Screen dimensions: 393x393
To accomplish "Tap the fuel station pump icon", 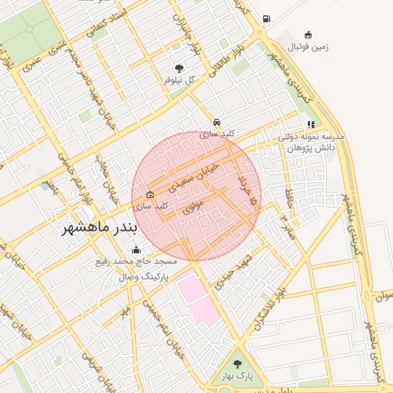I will (266, 18).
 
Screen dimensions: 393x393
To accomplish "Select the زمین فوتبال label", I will (308, 46).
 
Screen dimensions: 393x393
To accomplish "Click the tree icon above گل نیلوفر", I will (180, 68).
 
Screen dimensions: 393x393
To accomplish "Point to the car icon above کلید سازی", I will (218, 122).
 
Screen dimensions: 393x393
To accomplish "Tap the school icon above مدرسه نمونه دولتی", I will (310, 124).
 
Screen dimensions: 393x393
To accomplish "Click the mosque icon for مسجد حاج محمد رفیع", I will (137, 249).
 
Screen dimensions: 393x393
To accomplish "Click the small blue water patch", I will (48, 186).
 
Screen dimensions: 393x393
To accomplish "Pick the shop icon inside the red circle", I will (149, 194).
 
